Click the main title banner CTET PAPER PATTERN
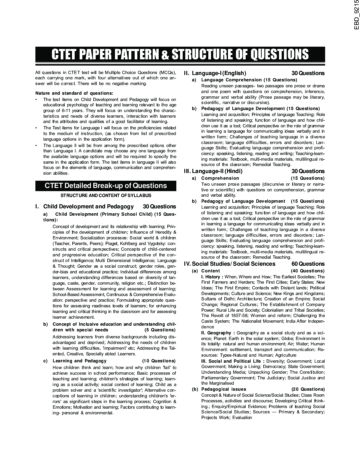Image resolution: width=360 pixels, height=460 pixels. pyautogui.click(x=180, y=54)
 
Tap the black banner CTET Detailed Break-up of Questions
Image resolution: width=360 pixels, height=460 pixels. pyautogui.click(x=106, y=186)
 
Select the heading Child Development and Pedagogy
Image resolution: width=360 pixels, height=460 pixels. pyautogui.click(x=88, y=207)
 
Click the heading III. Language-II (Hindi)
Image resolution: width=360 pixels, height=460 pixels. pyautogui.click(x=213, y=171)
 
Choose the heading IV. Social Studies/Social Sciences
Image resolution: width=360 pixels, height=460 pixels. pyautogui.click(x=230, y=264)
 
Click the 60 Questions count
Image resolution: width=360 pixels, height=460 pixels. pyautogui.click(x=308, y=264)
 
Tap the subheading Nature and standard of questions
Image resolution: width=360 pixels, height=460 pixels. pyautogui.click(x=74, y=93)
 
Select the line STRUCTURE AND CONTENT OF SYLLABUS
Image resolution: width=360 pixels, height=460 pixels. pyautogui.click(x=106, y=195)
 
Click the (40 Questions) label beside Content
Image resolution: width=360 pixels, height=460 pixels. pyautogui.click(x=307, y=271)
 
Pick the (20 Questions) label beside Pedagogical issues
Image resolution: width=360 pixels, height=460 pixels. pyautogui.click(x=308, y=389)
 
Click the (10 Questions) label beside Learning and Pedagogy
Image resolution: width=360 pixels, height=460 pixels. pyautogui.click(x=159, y=361)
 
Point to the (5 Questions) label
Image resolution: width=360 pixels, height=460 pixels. pyautogui.click(x=160, y=330)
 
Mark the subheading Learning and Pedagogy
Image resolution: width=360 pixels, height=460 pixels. pyautogui.click(x=80, y=361)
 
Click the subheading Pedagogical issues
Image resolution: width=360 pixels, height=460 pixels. pyautogui.click(x=224, y=389)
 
